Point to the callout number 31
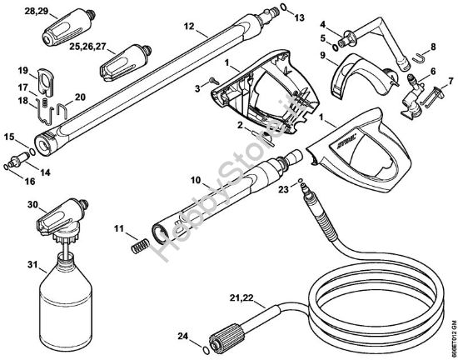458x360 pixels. click(x=33, y=266)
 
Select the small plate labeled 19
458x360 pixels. click(x=46, y=81)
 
